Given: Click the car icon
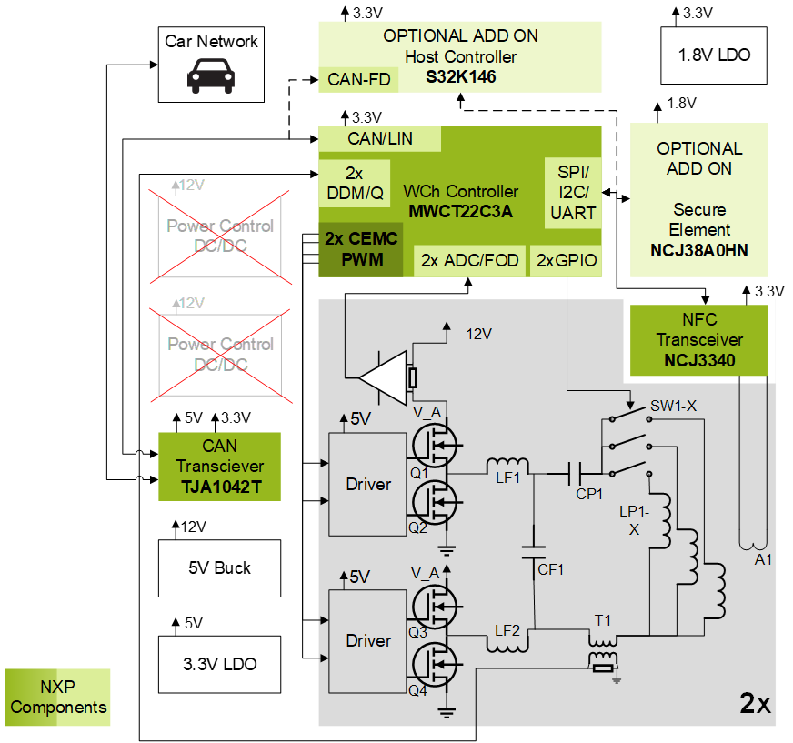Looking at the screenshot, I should [x=210, y=75].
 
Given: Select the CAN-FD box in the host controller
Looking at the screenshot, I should [x=358, y=80].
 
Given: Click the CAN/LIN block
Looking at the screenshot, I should [x=380, y=139].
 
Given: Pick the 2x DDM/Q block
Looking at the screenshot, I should [x=354, y=183].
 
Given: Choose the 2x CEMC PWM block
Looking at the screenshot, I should [x=361, y=249].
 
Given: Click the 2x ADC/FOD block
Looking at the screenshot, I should [x=469, y=261].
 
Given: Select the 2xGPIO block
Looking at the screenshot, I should [x=567, y=261].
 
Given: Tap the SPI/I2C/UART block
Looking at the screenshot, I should [x=573, y=192].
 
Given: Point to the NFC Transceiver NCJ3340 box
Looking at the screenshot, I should [x=698, y=340].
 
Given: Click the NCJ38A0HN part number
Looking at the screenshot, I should [x=698, y=250].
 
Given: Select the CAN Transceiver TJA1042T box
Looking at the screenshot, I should [x=220, y=466].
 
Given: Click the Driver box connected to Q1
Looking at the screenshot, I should [x=367, y=484].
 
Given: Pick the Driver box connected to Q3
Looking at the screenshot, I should [x=367, y=640].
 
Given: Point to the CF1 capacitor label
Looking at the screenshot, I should [x=550, y=570].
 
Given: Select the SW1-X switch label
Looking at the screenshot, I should [x=673, y=405].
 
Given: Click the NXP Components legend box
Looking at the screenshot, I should [x=58, y=698].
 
